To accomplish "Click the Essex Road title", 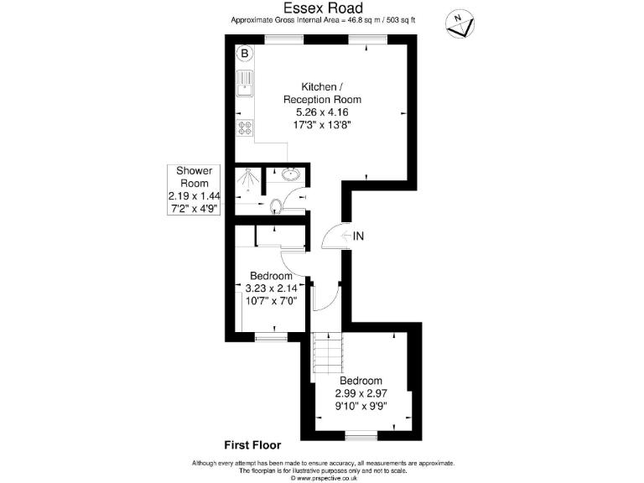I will [x=321, y=8].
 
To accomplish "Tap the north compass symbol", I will [x=458, y=24].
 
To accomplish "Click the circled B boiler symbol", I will [x=245, y=55].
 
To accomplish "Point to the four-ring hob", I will [x=246, y=128].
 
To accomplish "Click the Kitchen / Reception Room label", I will [x=321, y=93].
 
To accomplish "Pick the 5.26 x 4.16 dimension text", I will [x=321, y=112].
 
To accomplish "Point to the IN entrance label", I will [x=358, y=236].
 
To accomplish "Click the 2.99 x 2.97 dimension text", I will [x=361, y=393].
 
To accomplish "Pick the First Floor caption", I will [x=252, y=445].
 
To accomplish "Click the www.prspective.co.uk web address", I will [x=323, y=478].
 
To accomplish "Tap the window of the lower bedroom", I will [x=361, y=436].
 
